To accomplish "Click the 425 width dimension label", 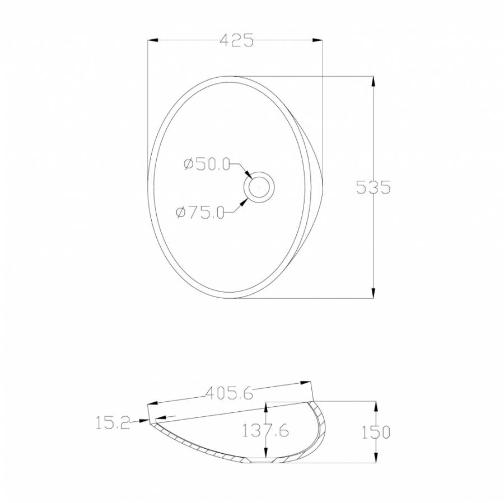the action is (236, 40).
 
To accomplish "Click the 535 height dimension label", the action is (373, 187).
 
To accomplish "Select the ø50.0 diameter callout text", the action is (207, 164).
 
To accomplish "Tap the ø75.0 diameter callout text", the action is (200, 212).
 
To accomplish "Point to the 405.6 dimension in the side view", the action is (229, 393).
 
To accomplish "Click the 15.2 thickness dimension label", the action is (113, 422).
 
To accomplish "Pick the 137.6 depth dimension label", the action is (265, 430).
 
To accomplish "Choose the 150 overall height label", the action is (376, 432).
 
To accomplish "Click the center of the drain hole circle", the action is (259, 187).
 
